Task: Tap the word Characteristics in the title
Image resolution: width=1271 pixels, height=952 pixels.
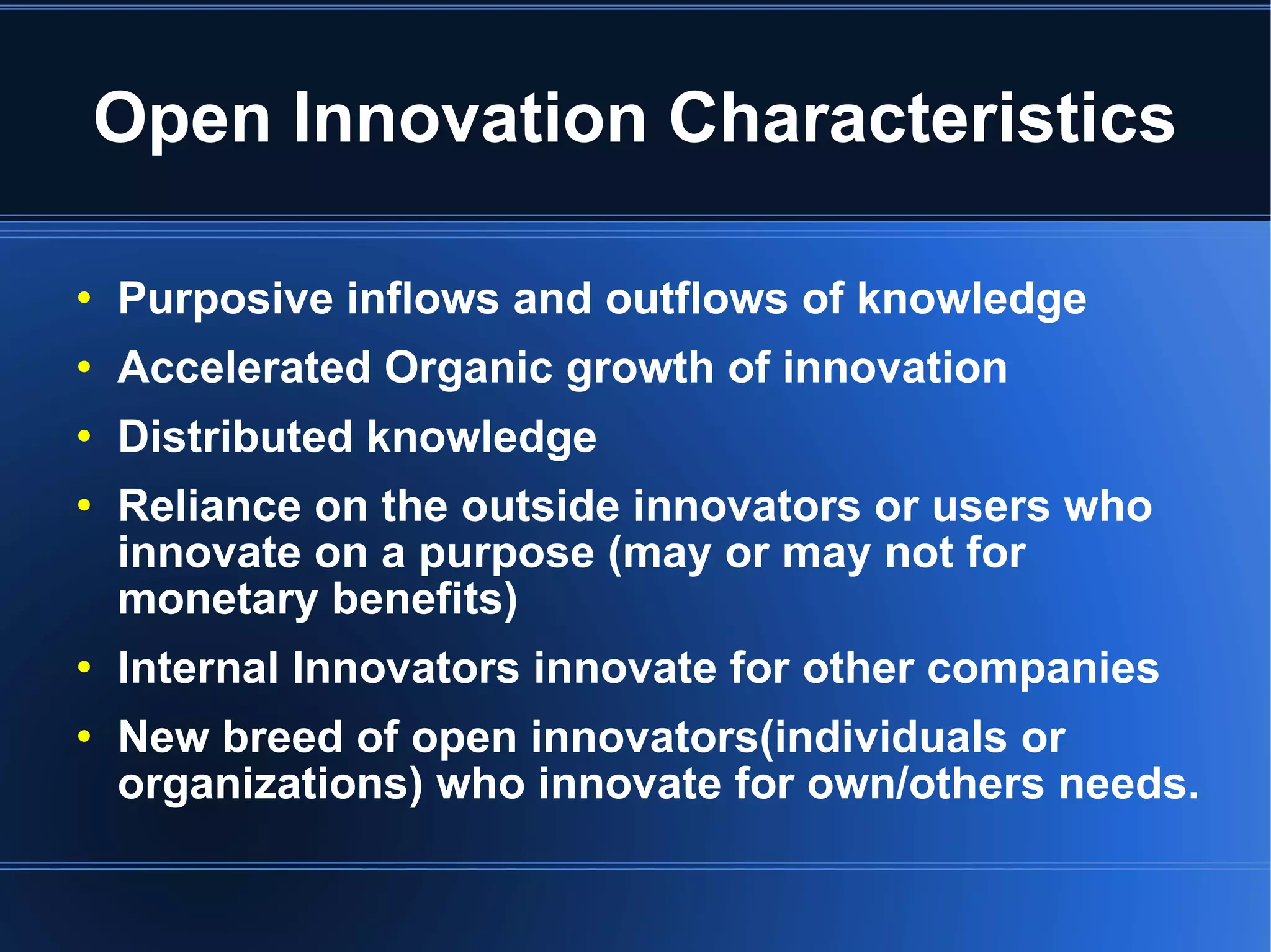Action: click(x=922, y=118)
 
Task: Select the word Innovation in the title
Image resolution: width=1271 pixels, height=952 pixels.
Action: click(x=470, y=118)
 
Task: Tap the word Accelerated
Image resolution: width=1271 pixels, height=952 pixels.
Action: click(x=244, y=368)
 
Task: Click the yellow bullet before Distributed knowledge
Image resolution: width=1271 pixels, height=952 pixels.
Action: click(x=84, y=436)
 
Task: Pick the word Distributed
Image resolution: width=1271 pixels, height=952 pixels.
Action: click(x=235, y=437)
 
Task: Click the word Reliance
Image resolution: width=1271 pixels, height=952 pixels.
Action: click(x=209, y=506)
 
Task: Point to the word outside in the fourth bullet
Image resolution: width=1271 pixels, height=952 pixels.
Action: click(x=540, y=506)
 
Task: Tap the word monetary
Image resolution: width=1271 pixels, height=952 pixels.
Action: click(x=218, y=600)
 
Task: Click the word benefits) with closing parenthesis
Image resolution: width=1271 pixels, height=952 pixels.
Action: click(x=424, y=599)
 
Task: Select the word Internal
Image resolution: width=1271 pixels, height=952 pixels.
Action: click(x=198, y=668)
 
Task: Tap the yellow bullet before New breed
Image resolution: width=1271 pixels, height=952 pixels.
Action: click(x=84, y=737)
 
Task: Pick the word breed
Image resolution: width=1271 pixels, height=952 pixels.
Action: click(x=282, y=737)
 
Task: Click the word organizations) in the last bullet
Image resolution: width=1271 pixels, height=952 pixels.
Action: click(x=270, y=785)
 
